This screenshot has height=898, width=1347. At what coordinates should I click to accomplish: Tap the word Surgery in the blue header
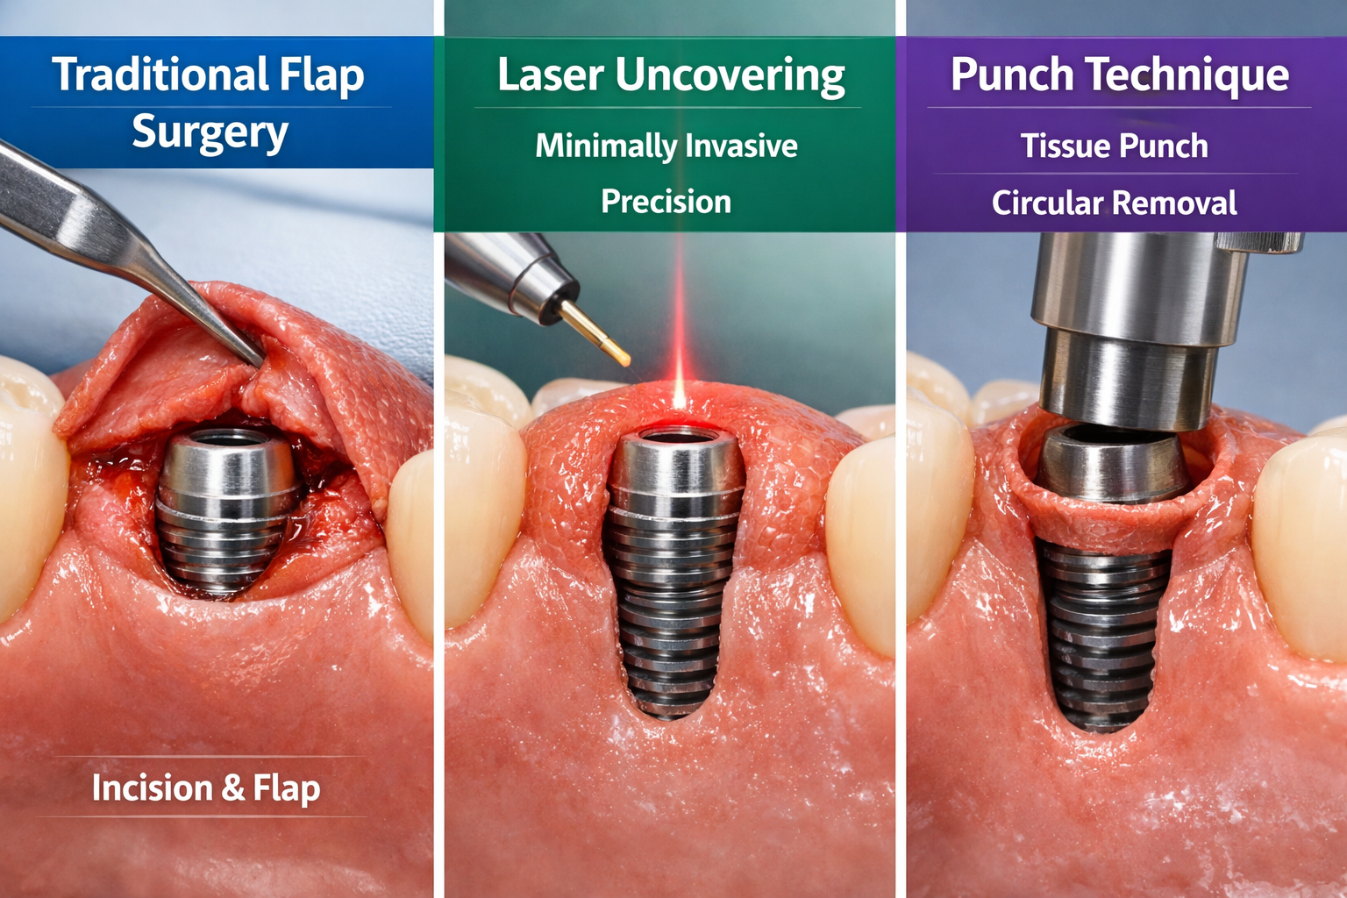pyautogui.click(x=210, y=133)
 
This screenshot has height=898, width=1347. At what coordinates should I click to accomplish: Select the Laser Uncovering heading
pyautogui.click(x=671, y=75)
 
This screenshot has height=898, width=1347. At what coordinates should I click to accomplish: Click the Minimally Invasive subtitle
pyautogui.click(x=666, y=146)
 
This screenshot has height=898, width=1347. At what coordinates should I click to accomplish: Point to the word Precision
pyautogui.click(x=666, y=202)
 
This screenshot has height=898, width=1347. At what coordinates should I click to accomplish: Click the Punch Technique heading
pyautogui.click(x=1120, y=75)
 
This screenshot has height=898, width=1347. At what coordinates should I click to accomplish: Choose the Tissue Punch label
pyautogui.click(x=1114, y=146)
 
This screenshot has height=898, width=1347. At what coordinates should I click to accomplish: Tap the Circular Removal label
pyautogui.click(x=1114, y=203)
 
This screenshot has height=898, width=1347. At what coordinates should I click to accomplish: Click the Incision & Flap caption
pyautogui.click(x=206, y=788)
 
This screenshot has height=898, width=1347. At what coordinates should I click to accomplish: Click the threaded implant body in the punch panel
pyautogui.click(x=1103, y=631)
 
